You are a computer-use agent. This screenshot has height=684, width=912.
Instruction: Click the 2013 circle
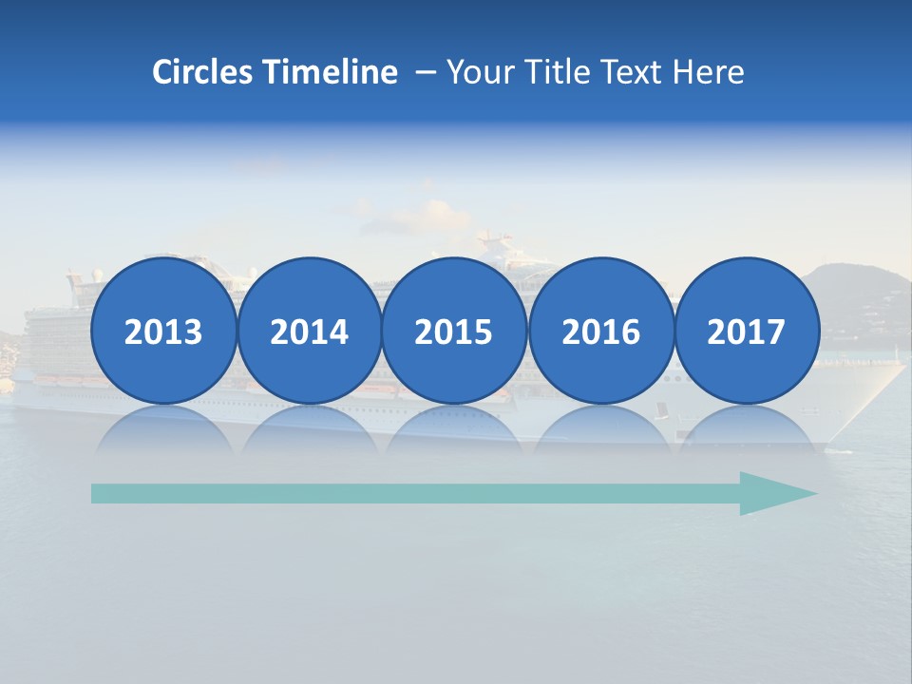pos(163,332)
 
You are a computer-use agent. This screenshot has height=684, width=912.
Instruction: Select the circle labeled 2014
pos(310,332)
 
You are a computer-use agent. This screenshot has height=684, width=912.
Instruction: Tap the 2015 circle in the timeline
pos(454,332)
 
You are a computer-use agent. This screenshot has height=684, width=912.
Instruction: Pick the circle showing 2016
pos(601,332)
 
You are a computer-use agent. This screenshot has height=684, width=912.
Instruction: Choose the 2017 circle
pos(747,332)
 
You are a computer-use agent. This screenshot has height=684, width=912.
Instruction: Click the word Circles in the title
pos(203,72)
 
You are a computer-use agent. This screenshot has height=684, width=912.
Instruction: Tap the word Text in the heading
pos(633,72)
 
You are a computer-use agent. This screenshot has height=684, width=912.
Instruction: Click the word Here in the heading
pos(709,72)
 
